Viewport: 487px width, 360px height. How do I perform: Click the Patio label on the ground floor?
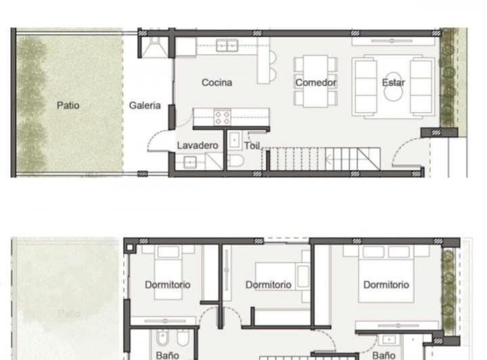click(68, 105)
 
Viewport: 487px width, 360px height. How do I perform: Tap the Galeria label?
click(145, 105)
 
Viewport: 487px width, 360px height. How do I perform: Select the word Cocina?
click(216, 83)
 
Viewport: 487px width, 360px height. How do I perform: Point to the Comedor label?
click(315, 83)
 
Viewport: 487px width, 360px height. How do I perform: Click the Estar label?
click(393, 83)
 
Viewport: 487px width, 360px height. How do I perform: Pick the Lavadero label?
click(198, 145)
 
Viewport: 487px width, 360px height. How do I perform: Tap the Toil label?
click(252, 145)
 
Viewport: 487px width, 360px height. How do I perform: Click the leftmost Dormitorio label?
click(167, 285)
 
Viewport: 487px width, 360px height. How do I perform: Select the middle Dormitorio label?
click(269, 285)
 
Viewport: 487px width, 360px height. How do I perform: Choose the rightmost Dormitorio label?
click(386, 285)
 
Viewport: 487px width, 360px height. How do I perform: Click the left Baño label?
click(167, 355)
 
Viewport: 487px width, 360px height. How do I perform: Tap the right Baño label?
click(384, 355)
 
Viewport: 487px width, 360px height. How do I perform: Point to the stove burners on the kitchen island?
click(222, 117)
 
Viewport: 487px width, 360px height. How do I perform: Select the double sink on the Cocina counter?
click(227, 46)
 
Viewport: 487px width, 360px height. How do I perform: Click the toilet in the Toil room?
click(235, 161)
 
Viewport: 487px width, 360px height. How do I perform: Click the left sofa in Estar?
click(365, 86)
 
